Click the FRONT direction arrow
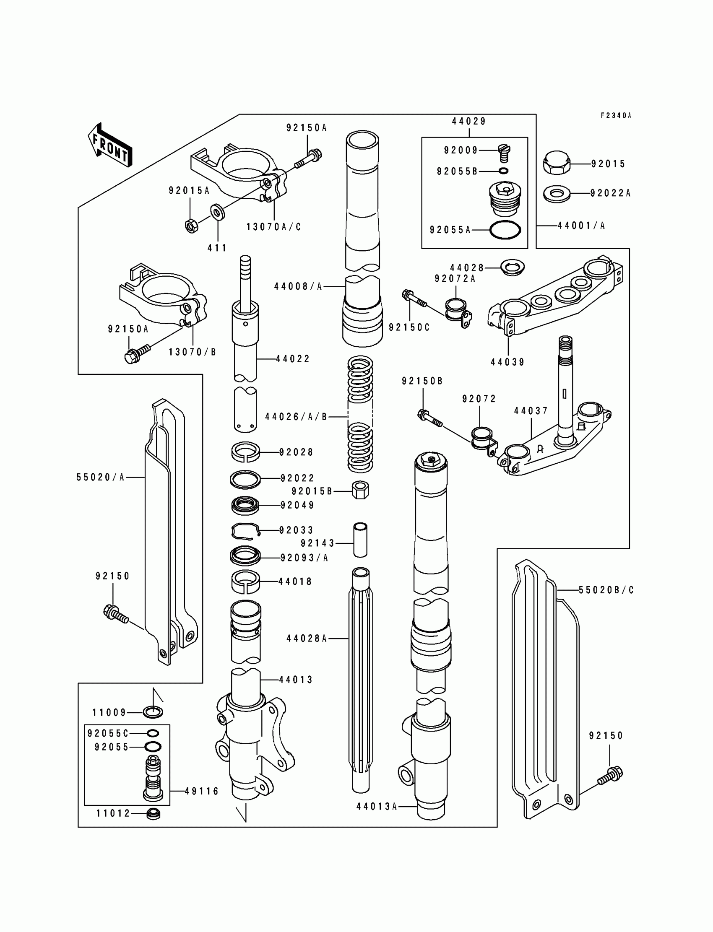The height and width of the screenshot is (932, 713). (110, 145)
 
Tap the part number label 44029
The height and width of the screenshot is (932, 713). (469, 121)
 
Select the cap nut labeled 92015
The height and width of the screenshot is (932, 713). (557, 164)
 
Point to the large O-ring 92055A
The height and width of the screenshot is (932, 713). (505, 230)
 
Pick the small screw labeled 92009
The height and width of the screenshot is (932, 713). (504, 153)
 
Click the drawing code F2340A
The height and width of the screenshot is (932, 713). (616, 115)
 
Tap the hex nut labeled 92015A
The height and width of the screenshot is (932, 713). (192, 225)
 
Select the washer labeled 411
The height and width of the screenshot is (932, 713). (218, 212)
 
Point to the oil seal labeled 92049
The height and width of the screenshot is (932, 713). (245, 505)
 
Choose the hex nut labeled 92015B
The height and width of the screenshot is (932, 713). (360, 491)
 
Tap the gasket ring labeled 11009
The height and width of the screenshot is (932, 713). (153, 712)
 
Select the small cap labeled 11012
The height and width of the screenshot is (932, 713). (153, 814)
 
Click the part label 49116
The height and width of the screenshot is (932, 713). (202, 791)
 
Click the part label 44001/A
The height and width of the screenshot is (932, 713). (581, 226)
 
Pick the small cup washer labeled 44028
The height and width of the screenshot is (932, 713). (513, 267)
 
